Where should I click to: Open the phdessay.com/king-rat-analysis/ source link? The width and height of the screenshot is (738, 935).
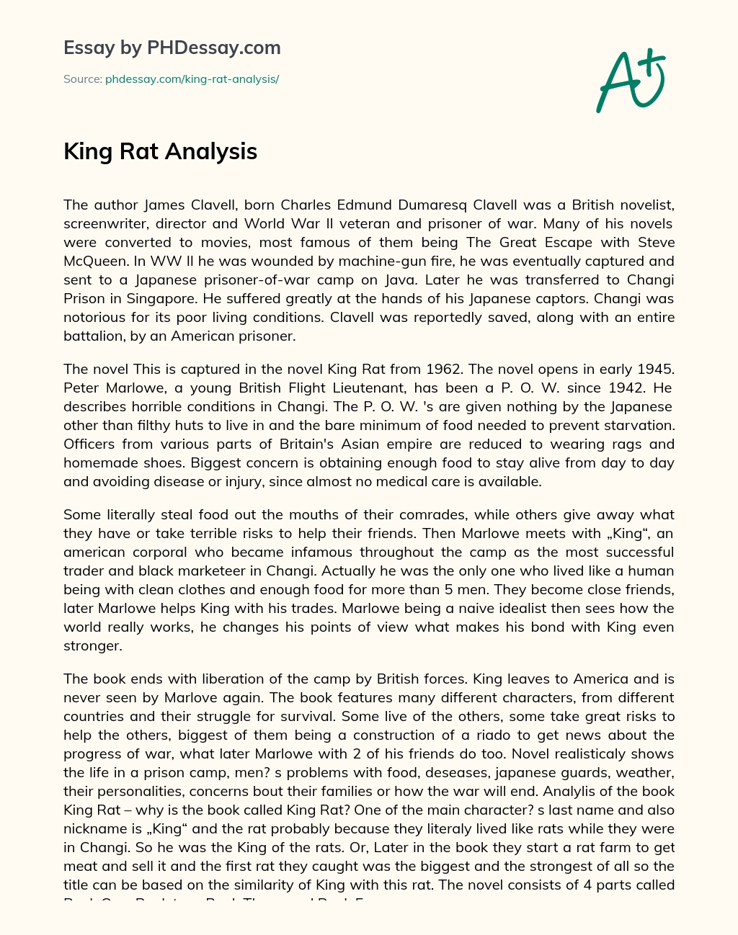192,79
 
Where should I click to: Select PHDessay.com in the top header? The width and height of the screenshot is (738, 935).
213,48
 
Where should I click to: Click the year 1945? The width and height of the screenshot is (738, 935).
655,369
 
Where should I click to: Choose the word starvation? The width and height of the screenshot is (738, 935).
635,425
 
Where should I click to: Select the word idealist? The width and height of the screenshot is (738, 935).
492,608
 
